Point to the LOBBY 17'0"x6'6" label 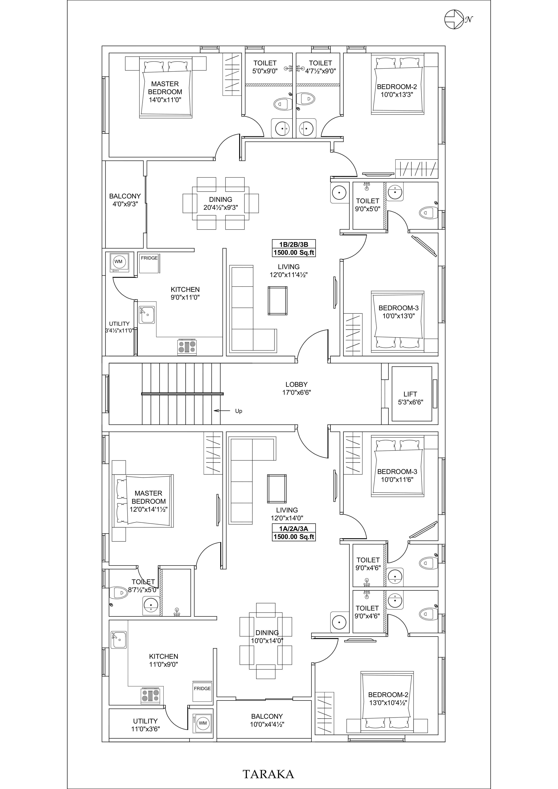tap(297, 388)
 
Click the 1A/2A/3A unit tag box tap(294, 533)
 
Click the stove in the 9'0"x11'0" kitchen tap(187, 347)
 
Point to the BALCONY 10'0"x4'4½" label tap(267, 720)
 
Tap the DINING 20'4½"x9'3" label tap(221, 203)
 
